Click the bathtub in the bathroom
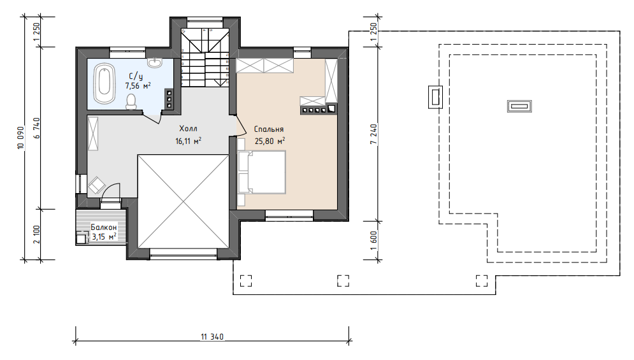104,83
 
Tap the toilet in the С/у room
131,102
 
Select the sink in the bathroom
154,62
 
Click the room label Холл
189,129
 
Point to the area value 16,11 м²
189,141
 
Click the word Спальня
269,129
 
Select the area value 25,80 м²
270,141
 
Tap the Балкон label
103,227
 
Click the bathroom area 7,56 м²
138,85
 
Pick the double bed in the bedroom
262,172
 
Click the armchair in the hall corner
97,185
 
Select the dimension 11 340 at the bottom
212,336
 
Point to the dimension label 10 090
21,138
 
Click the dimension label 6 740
37,128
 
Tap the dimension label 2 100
37,234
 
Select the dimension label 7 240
374,134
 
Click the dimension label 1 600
374,241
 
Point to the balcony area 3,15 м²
104,236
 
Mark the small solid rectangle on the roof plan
519,106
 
